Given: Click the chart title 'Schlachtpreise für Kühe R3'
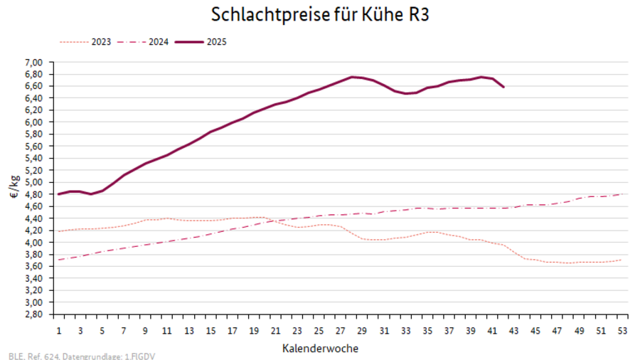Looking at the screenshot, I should [320, 14].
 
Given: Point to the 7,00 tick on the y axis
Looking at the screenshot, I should [35, 62].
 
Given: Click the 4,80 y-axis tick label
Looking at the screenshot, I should [35, 194].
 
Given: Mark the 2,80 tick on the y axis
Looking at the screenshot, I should [35, 314].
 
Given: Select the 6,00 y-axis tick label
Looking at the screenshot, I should [35, 122].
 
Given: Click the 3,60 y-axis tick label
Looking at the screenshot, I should [35, 266].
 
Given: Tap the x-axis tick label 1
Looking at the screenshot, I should [59, 330].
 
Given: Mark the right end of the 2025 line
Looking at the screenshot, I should [503, 87].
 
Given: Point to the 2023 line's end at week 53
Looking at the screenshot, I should [622, 260].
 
